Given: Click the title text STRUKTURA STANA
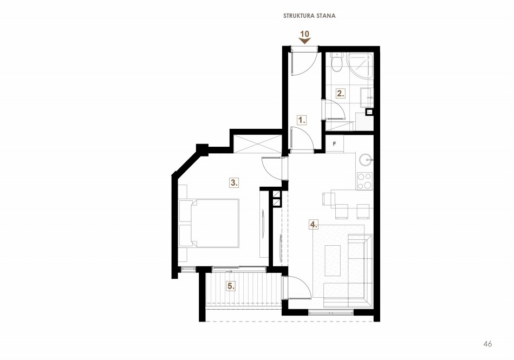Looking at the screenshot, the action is click(309, 16).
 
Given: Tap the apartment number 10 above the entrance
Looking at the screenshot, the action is click(305, 34).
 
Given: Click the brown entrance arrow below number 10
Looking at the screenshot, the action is click(305, 41).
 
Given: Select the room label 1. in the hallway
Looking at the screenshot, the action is click(302, 120).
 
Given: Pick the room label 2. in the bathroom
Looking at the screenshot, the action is click(341, 93).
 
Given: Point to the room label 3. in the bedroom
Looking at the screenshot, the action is click(234, 183).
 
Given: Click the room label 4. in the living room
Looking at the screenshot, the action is click(314, 225).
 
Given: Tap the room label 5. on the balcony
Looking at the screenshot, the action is click(231, 286).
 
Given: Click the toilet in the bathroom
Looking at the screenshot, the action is click(336, 62).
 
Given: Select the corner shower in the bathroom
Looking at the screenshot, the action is click(360, 66).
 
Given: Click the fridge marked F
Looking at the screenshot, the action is click(334, 144).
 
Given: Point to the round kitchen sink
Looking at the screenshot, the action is click(365, 160).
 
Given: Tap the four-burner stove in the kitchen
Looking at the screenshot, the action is click(365, 181).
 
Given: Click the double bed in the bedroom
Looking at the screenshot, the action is click(209, 222).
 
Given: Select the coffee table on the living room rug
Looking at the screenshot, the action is click(333, 260).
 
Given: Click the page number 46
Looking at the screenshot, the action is click(487, 344).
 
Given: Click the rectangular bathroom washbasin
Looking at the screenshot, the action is click(367, 97).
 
